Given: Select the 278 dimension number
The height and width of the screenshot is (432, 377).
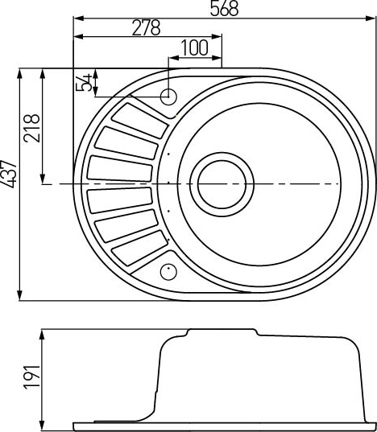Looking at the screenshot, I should pyautogui.click(x=145, y=27).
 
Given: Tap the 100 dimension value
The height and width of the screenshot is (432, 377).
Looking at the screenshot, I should pyautogui.click(x=194, y=47).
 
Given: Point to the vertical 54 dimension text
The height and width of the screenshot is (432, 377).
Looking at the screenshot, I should pyautogui.click(x=83, y=83).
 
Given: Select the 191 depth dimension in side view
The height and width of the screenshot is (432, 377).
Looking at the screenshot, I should pyautogui.click(x=31, y=376).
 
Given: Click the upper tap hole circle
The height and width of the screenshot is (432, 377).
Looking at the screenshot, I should pyautogui.click(x=169, y=97).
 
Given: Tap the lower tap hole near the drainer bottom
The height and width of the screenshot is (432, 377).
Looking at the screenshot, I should pyautogui.click(x=168, y=269).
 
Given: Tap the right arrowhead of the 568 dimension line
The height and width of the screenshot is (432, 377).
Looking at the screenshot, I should pyautogui.click(x=371, y=17).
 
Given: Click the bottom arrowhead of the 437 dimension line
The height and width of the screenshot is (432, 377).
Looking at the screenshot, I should pyautogui.click(x=19, y=296).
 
